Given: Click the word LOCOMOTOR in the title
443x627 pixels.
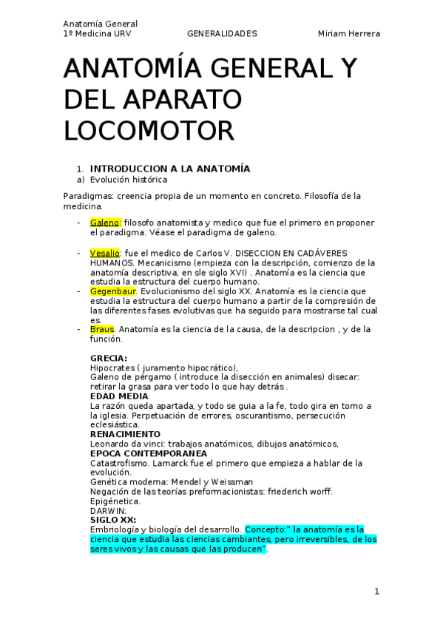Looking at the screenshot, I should (149, 130).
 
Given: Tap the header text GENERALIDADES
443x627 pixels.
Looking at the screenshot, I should (222, 34).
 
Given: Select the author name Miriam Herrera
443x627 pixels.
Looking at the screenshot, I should (349, 34).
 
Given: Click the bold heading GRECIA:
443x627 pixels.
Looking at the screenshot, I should (108, 359).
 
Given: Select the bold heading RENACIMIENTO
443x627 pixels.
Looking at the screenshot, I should (125, 434).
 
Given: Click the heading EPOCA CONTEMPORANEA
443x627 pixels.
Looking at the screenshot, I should (149, 453).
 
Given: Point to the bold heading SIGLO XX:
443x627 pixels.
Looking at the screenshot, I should (112, 520).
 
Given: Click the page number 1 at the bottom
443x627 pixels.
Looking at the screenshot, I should (376, 592).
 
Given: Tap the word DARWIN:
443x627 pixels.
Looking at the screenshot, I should (108, 510).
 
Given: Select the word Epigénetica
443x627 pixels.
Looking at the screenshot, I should (115, 501).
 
